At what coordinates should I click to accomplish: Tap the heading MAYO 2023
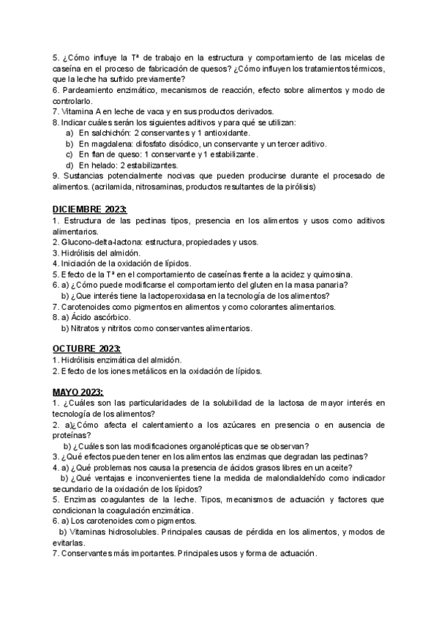(78, 393)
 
